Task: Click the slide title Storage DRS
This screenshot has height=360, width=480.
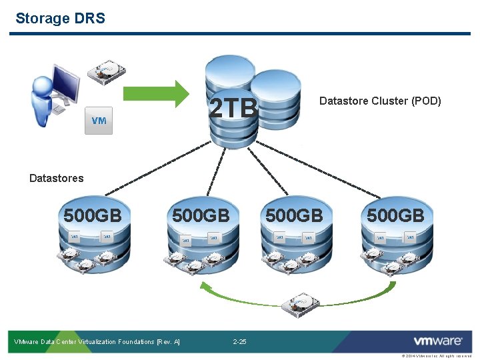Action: click(x=60, y=18)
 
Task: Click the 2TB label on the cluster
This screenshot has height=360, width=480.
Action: click(x=233, y=107)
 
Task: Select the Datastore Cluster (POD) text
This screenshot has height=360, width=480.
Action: click(x=380, y=101)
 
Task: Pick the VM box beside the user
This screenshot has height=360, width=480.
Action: click(x=99, y=121)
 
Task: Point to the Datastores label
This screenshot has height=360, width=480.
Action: click(x=57, y=178)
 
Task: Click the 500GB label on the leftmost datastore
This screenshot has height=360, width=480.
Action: click(x=92, y=215)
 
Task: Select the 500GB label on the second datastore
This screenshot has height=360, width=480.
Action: click(x=201, y=215)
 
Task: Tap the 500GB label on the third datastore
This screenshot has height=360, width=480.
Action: click(x=294, y=215)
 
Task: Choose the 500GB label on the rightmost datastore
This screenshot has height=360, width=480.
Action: click(x=395, y=215)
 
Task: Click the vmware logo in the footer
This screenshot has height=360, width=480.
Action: click(x=437, y=341)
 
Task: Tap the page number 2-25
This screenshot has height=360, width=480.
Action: click(x=239, y=342)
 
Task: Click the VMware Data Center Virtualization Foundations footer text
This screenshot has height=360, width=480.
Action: click(x=97, y=342)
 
